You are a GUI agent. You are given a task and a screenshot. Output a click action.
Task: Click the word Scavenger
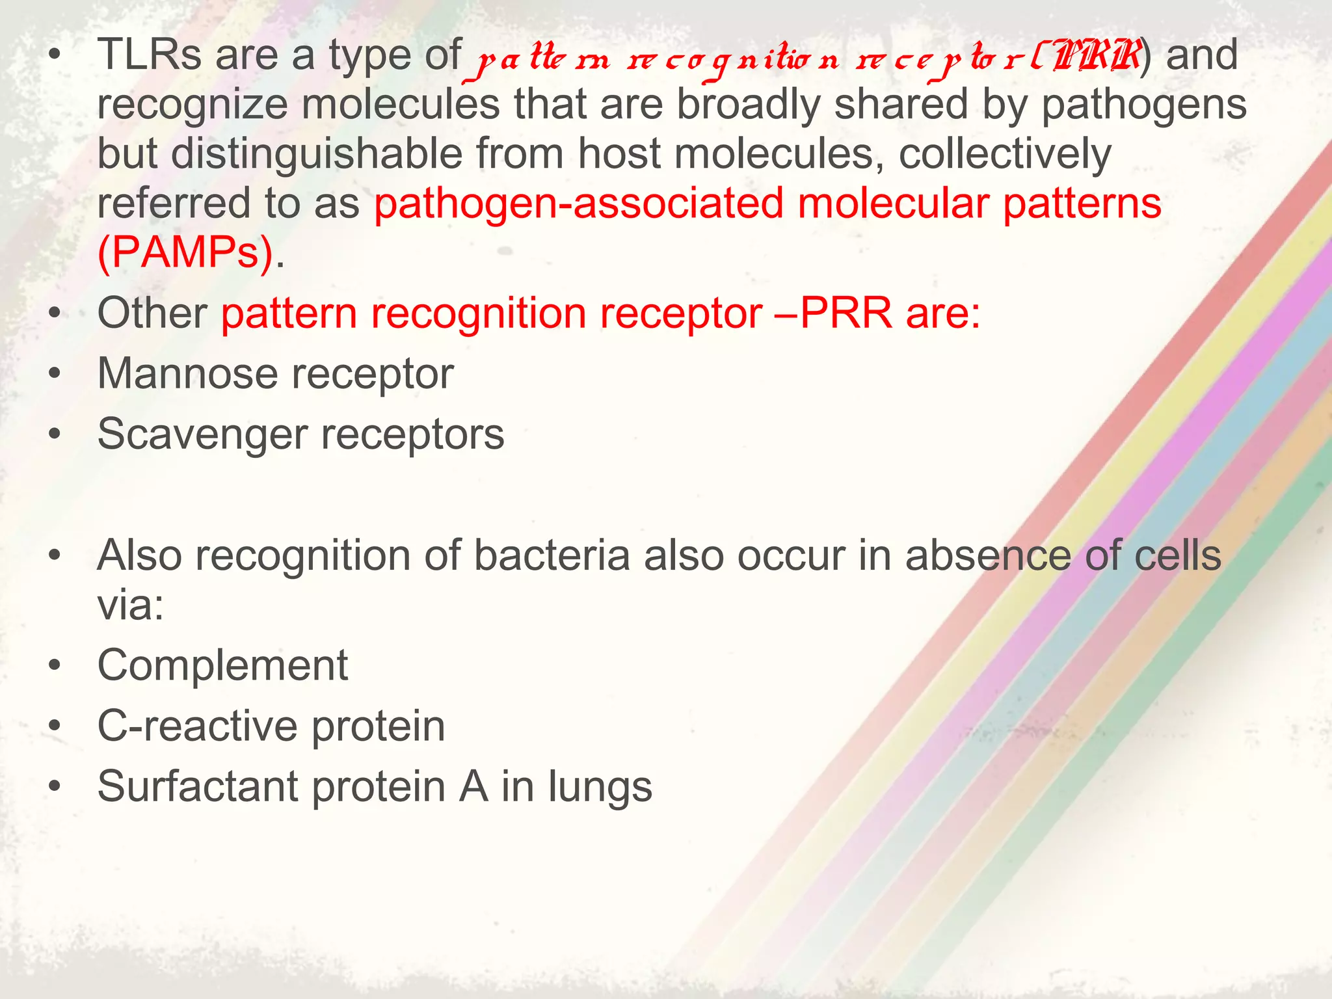(202, 434)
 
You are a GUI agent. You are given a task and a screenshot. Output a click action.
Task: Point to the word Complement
(222, 665)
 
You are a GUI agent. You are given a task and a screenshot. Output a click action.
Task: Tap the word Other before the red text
(152, 313)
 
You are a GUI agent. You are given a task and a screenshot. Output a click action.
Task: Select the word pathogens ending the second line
(1144, 105)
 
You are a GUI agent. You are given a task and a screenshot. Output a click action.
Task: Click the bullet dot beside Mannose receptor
(55, 375)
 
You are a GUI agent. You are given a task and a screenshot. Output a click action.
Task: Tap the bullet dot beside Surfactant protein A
(55, 788)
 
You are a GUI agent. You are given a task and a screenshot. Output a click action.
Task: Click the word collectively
(1005, 154)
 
